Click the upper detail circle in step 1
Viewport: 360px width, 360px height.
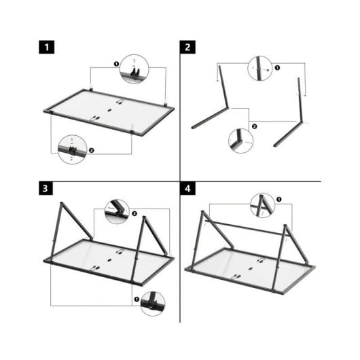(x=134, y=69)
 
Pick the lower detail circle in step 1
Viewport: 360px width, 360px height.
(x=73, y=149)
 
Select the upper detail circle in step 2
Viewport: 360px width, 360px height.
(x=262, y=68)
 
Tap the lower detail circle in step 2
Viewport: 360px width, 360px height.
(x=240, y=141)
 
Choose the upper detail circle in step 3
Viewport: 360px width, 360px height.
(x=117, y=211)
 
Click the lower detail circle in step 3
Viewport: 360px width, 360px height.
(x=153, y=303)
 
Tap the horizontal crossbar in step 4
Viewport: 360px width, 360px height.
(x=245, y=226)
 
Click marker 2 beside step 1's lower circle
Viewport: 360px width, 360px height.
(x=91, y=149)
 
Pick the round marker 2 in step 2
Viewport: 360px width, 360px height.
(x=253, y=126)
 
